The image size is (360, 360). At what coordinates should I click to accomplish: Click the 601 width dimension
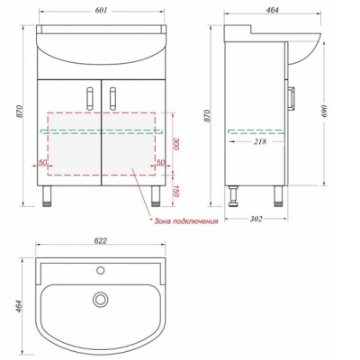pyautogui.click(x=101, y=11)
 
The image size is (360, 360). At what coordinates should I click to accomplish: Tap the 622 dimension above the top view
pyautogui.click(x=101, y=241)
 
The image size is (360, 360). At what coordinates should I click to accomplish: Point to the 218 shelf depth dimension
pyautogui.click(x=260, y=141)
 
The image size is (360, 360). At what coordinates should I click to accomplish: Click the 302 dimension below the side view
pyautogui.click(x=256, y=219)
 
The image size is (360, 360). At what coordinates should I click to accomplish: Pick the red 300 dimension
pyautogui.click(x=176, y=145)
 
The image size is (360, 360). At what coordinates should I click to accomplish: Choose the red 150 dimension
pyautogui.click(x=176, y=191)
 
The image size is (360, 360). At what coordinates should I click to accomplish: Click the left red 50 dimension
pyautogui.click(x=43, y=163)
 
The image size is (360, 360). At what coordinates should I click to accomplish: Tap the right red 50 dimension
pyautogui.click(x=161, y=163)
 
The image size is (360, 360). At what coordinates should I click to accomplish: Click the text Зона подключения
pyautogui.click(x=186, y=221)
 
